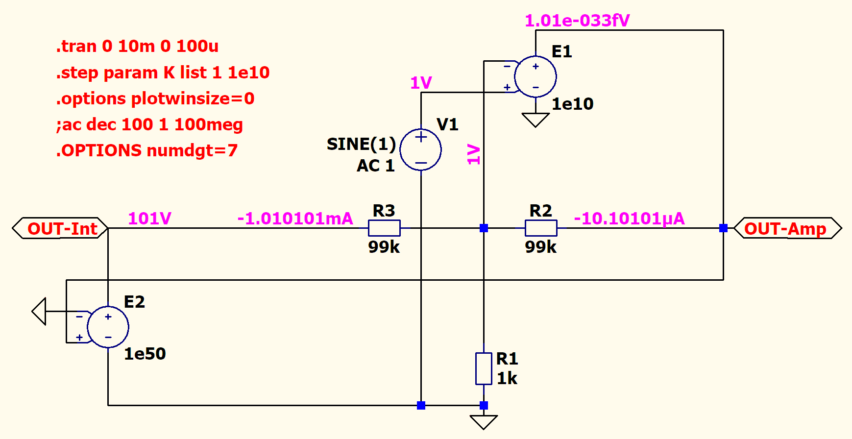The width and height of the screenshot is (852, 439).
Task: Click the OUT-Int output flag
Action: [x=60, y=228]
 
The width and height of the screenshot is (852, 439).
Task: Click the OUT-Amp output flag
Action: [x=787, y=228]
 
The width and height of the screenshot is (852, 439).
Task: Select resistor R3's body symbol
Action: [x=384, y=228]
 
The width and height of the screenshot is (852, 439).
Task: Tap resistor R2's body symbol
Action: [x=541, y=228]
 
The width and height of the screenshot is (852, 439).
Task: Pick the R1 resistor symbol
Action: [x=484, y=368]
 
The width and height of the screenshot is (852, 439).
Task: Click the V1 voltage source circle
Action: [x=421, y=149]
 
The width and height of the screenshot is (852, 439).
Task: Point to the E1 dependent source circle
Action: [x=536, y=76]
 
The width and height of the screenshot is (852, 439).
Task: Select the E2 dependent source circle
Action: [x=108, y=327]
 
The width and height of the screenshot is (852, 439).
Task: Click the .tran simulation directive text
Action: [x=137, y=46]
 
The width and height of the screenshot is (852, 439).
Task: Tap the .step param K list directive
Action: [x=163, y=73]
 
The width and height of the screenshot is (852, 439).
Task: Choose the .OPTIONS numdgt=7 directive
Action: [x=146, y=150]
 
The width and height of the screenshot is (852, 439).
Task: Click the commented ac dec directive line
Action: [x=149, y=124]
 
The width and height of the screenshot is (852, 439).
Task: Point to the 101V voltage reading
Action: [x=149, y=219]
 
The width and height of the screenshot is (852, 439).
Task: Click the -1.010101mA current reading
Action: [x=295, y=219]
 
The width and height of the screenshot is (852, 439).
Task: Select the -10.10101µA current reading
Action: [x=629, y=219]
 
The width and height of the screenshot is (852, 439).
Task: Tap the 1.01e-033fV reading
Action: [x=577, y=21]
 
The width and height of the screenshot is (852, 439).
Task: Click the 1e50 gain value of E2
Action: [x=145, y=354]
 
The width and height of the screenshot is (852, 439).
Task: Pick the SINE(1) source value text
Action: [x=361, y=144]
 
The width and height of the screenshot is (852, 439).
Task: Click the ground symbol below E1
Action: [x=536, y=120]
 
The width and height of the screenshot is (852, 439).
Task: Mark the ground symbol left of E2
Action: [x=39, y=311]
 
